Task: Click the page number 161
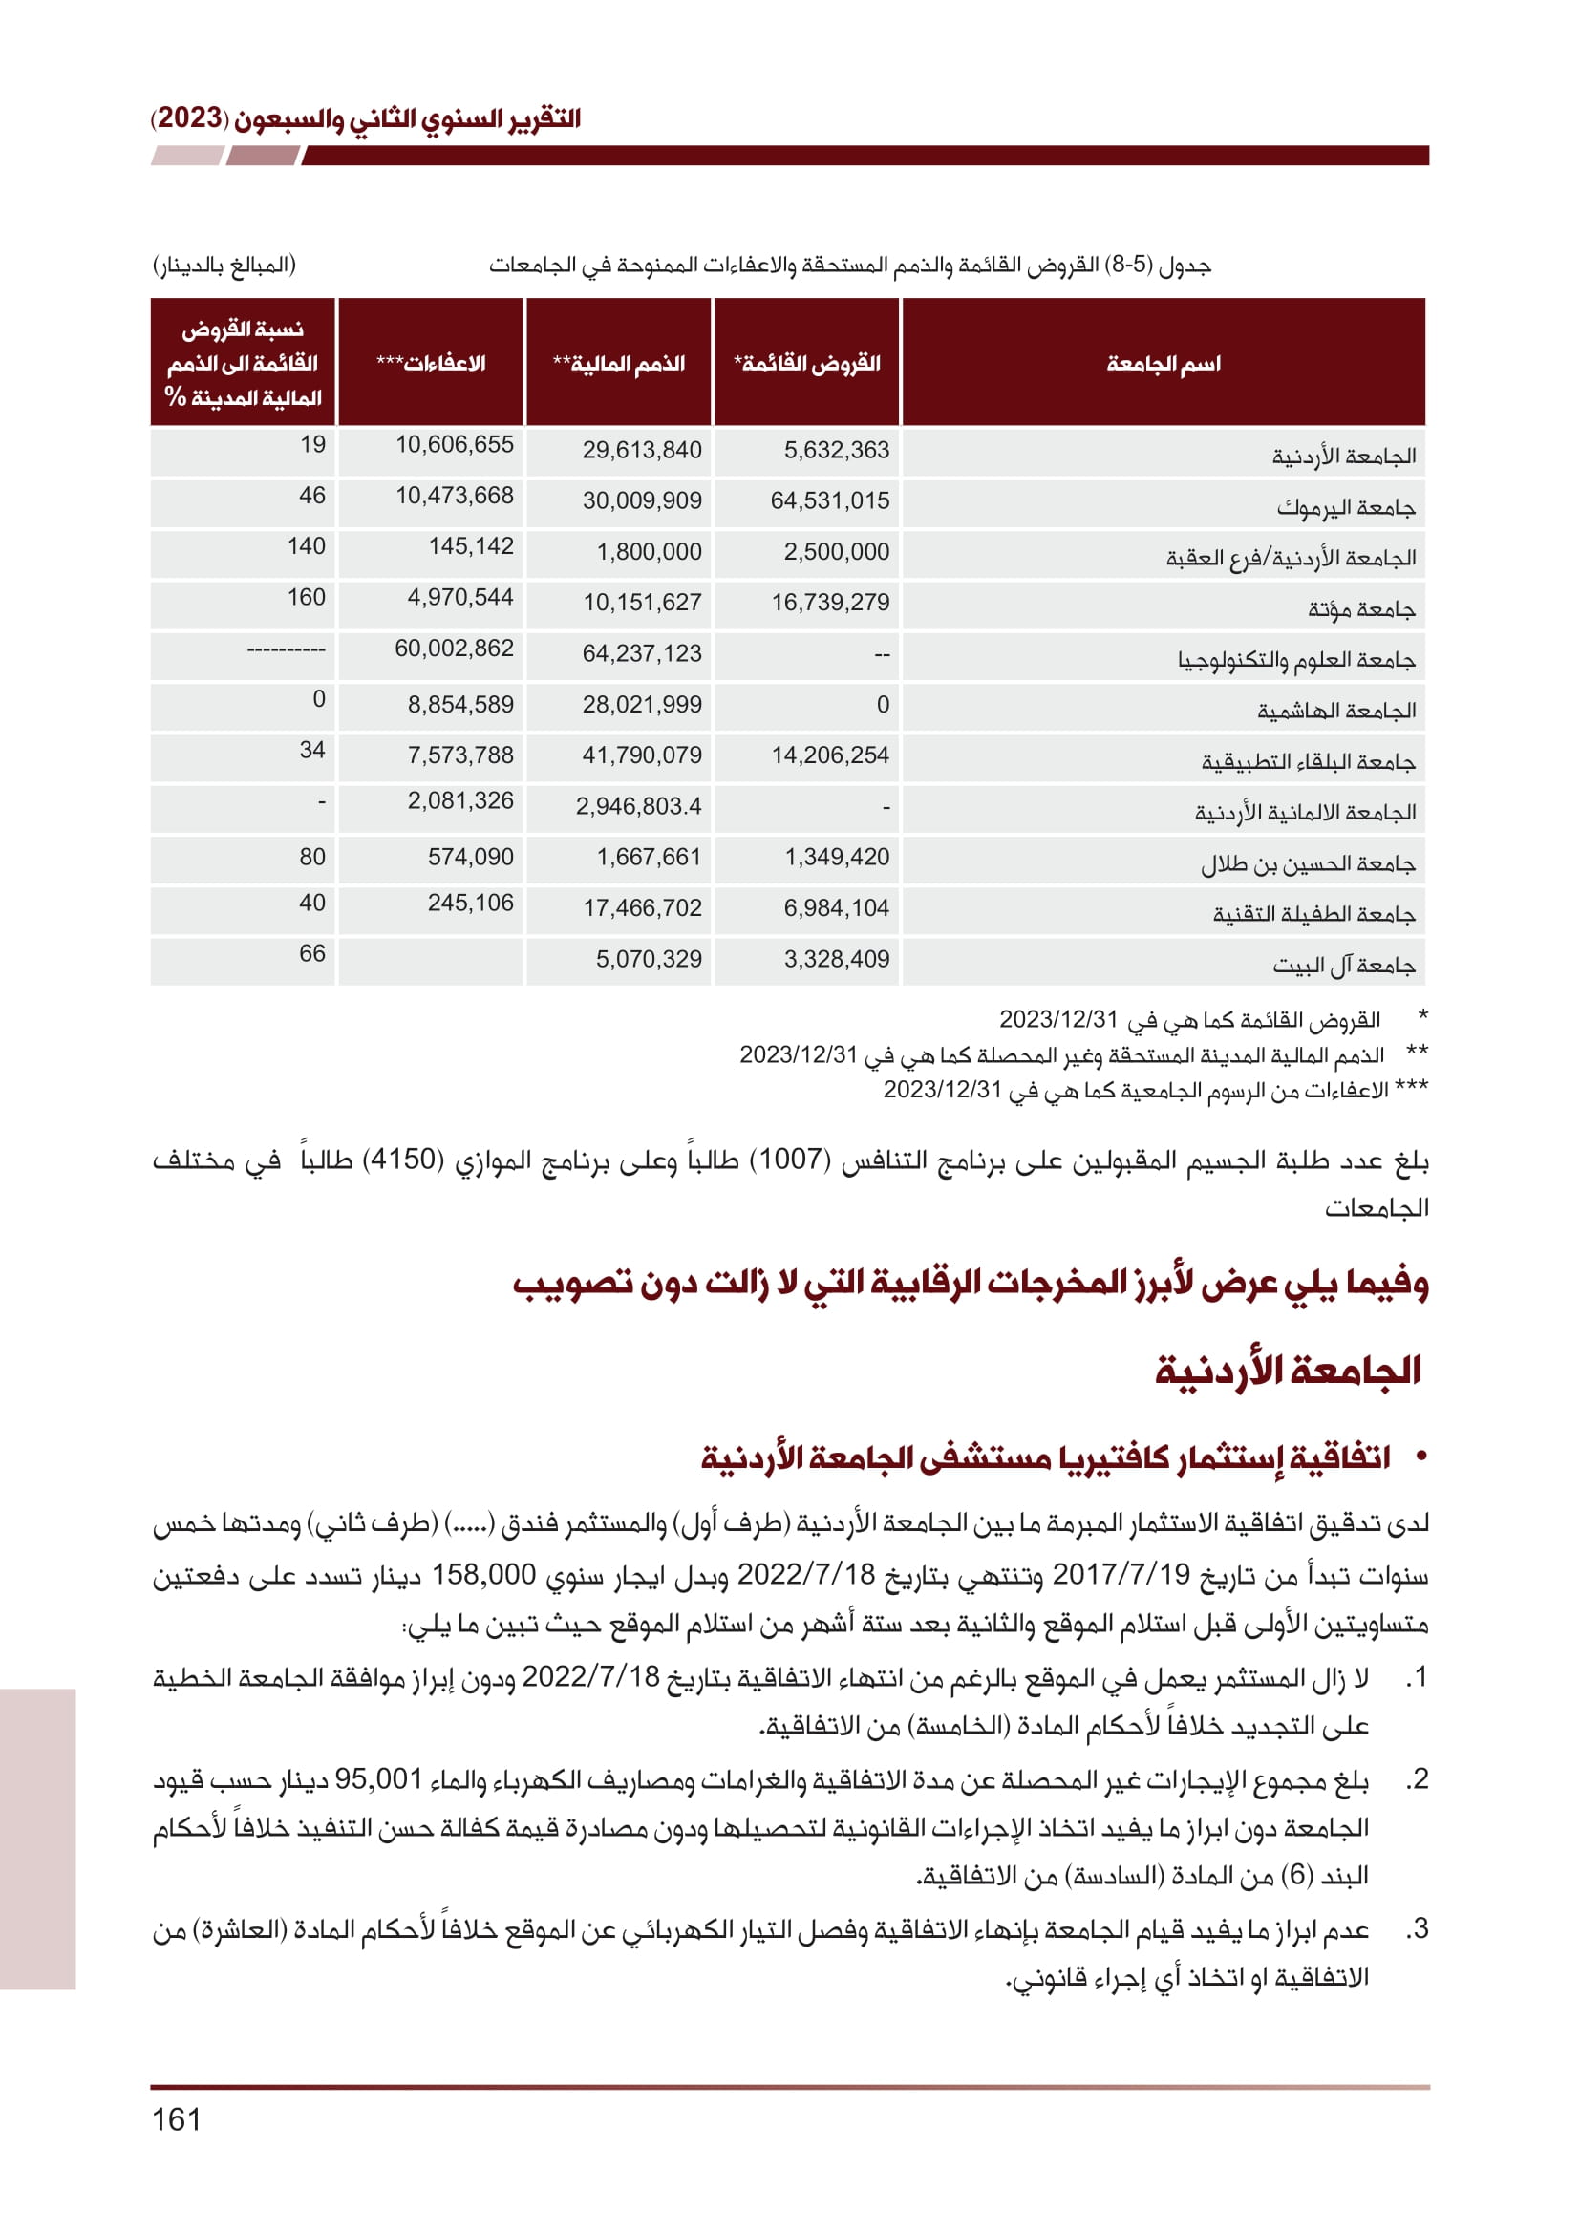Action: coord(176,2119)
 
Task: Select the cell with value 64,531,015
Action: coord(830,501)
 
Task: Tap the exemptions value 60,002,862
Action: coord(454,648)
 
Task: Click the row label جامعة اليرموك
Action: coord(1346,508)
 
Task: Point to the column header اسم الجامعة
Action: coord(1163,364)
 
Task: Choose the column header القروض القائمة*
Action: coord(806,364)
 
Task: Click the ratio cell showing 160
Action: coord(306,597)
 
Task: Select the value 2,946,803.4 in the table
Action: coord(638,807)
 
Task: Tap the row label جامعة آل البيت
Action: coord(1344,966)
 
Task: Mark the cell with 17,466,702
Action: coord(642,907)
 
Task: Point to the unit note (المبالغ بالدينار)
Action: coord(224,265)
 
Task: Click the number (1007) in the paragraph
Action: coord(793,1160)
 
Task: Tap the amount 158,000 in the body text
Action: coord(483,1574)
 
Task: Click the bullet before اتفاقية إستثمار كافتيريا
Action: coord(1421,1457)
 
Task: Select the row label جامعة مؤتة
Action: coord(1361,610)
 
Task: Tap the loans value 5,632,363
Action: coord(837,451)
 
